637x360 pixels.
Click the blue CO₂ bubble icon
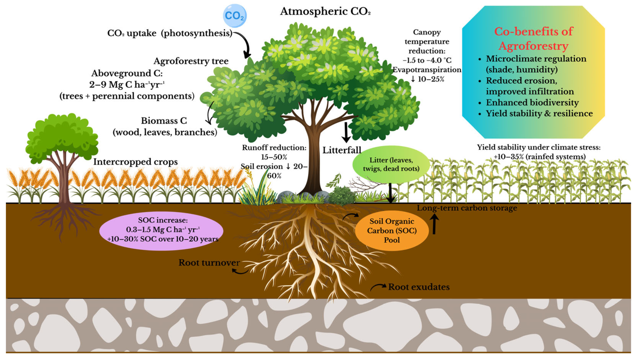click(234, 16)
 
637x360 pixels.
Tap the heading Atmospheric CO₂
click(325, 12)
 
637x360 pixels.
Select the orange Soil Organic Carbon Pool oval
click(392, 230)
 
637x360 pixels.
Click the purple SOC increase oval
click(161, 230)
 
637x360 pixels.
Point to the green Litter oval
click(391, 164)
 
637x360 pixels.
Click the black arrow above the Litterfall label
click(346, 132)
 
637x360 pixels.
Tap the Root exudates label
click(419, 287)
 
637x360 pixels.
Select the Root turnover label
click(209, 262)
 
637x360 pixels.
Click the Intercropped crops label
click(135, 162)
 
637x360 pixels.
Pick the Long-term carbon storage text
click(467, 208)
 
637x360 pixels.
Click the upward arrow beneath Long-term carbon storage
click(434, 224)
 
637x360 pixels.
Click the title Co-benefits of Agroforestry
click(533, 38)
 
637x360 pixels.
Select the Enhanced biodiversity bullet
click(532, 102)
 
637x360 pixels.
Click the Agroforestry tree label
click(191, 61)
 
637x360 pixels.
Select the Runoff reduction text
click(274, 148)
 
